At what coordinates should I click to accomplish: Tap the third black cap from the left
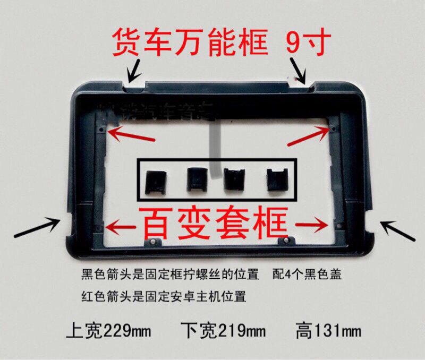[234, 179]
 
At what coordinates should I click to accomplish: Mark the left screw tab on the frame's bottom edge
[152, 242]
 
